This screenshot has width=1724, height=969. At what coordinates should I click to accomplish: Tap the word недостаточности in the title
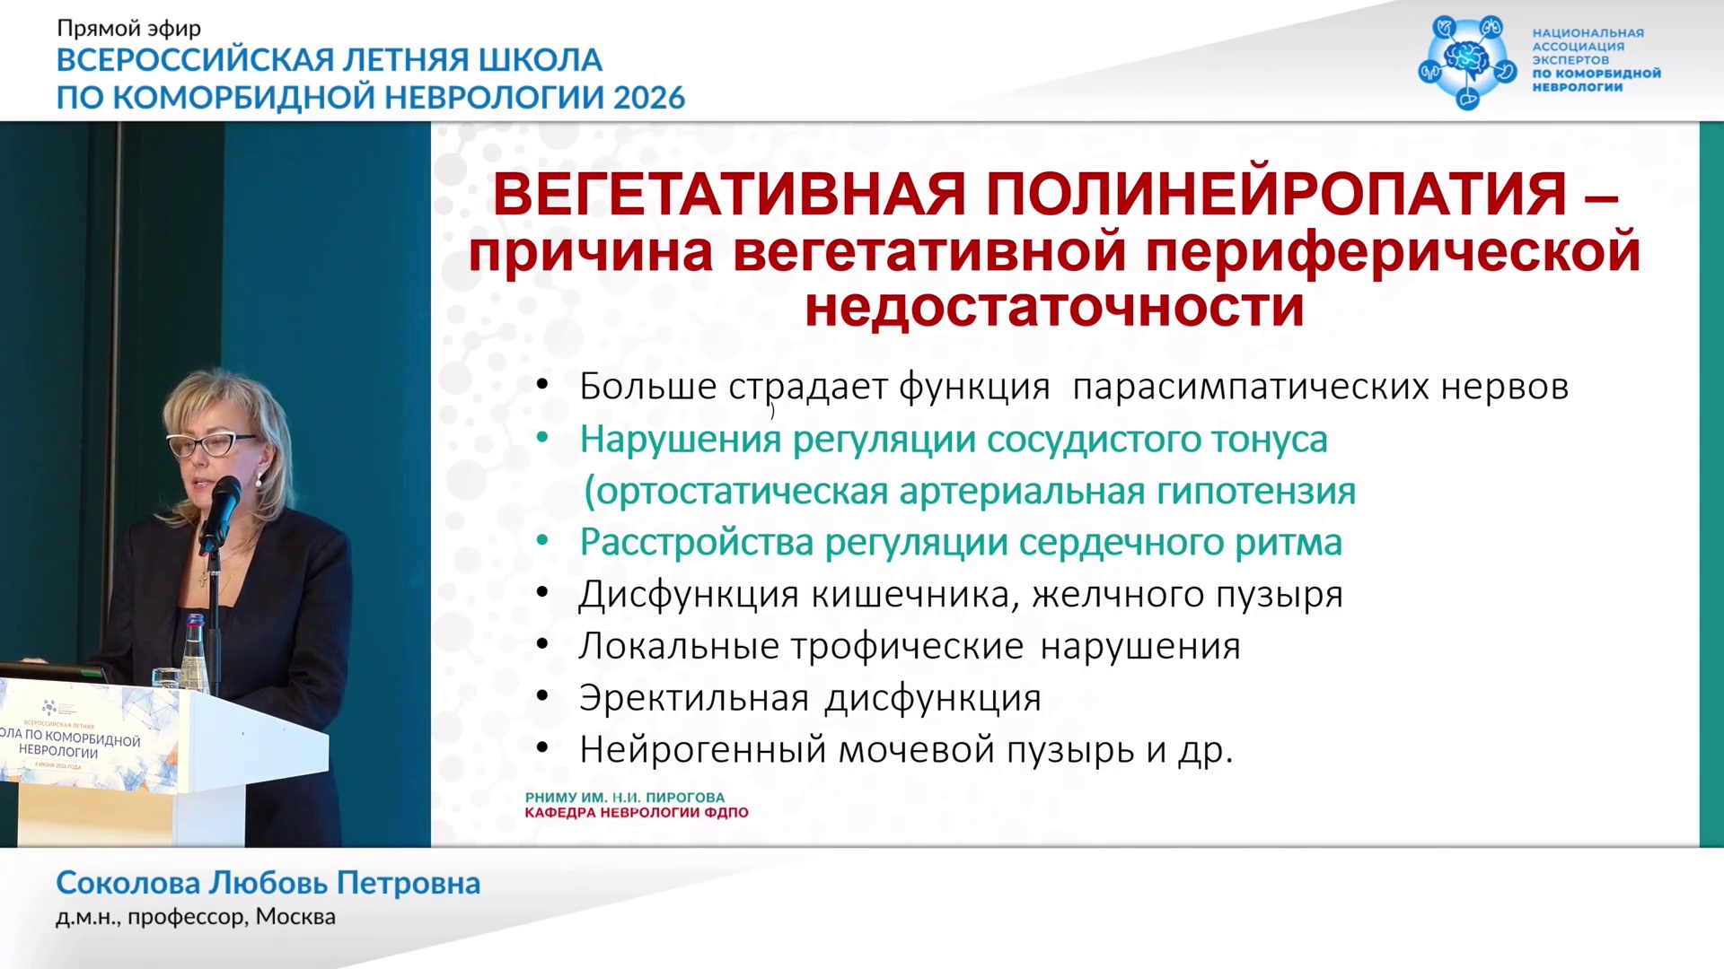(x=1054, y=307)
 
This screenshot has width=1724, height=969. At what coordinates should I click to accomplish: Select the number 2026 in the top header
(x=649, y=97)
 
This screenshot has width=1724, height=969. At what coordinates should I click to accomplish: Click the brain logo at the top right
(x=1467, y=61)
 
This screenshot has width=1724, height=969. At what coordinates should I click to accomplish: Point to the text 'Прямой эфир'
(x=129, y=29)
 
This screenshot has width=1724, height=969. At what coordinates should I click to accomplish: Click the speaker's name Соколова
(x=128, y=883)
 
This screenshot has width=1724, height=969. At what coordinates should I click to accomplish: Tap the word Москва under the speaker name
(x=295, y=917)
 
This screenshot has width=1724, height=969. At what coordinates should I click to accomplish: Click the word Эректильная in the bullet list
(x=694, y=698)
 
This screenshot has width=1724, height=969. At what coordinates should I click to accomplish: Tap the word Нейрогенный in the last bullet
(x=702, y=750)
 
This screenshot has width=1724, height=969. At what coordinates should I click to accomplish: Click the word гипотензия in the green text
(x=1256, y=492)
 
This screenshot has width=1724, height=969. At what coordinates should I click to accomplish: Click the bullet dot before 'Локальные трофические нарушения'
(x=542, y=645)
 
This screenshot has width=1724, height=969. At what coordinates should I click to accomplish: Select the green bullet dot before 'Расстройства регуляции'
(x=542, y=541)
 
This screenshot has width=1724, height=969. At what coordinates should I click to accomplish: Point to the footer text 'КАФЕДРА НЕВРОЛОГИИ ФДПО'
(x=637, y=813)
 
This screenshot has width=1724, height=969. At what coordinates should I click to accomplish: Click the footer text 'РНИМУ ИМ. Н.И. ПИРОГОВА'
(x=625, y=798)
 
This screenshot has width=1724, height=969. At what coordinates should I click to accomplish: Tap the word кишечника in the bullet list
(x=916, y=595)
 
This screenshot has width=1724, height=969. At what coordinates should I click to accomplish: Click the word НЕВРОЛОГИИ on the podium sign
(x=58, y=751)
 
